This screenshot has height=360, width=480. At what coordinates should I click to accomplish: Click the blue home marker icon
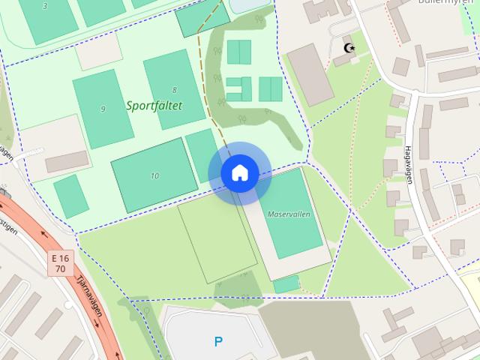[239, 173]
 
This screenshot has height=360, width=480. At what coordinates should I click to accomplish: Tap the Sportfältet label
[154, 106]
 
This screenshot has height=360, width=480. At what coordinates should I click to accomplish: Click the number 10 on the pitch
[154, 176]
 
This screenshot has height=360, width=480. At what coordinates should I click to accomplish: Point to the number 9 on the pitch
[103, 109]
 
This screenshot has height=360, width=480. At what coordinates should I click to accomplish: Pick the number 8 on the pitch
[174, 90]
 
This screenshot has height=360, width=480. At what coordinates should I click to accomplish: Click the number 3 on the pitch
[45, 6]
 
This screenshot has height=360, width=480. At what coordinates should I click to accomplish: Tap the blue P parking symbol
[218, 342]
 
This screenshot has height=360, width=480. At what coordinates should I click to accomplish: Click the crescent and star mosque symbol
[348, 49]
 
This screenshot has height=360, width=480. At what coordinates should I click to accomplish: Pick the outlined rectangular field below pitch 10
[217, 240]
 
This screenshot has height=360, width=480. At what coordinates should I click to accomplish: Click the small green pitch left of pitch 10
[71, 196]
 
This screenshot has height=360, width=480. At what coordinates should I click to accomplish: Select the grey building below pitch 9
[66, 161]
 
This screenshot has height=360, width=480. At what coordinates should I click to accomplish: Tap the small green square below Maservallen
[286, 284]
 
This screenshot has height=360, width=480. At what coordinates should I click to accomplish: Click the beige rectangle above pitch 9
[98, 51]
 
